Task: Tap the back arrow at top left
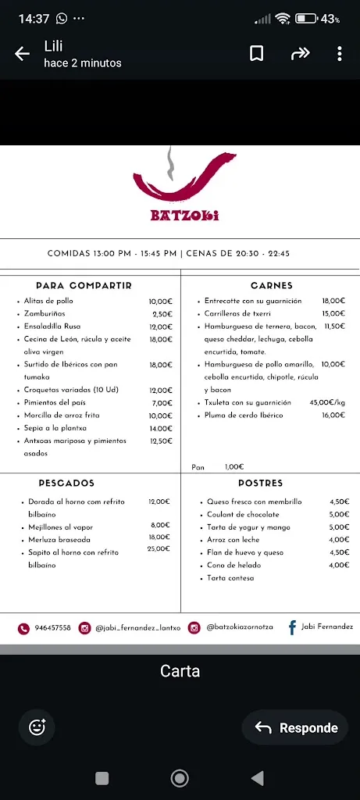click(x=22, y=54)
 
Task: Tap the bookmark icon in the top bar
click(x=256, y=53)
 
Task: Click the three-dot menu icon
click(x=339, y=53)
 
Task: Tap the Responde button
click(x=296, y=727)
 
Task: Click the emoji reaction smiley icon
click(x=37, y=727)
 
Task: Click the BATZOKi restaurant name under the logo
click(x=184, y=216)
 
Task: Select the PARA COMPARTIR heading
click(x=84, y=286)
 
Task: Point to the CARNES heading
click(x=272, y=286)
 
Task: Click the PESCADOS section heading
click(x=66, y=484)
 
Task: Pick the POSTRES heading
click(x=260, y=484)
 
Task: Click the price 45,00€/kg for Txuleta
click(x=327, y=402)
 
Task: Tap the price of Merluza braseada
click(x=159, y=537)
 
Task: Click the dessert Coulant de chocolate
click(x=243, y=515)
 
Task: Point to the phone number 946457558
click(x=52, y=627)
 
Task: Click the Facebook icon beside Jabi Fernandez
click(x=292, y=627)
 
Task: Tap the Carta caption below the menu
click(x=180, y=670)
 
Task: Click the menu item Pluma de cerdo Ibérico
click(x=244, y=415)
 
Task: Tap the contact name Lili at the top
click(x=53, y=46)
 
